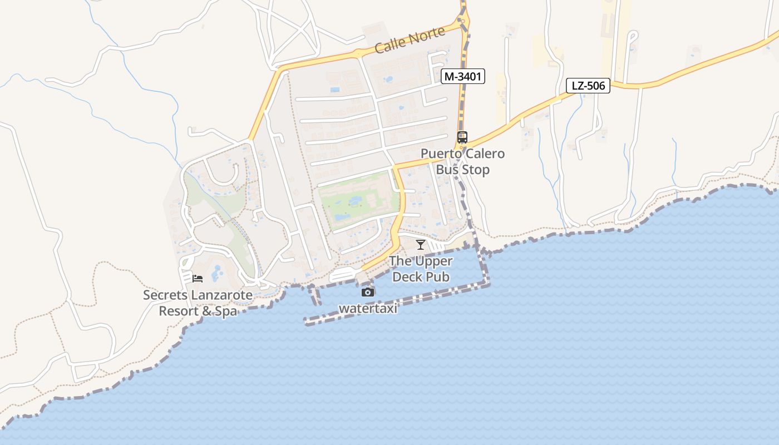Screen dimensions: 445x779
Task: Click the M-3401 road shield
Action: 463,77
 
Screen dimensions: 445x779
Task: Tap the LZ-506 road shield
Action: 588,86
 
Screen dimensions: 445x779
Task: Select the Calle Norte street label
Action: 410,40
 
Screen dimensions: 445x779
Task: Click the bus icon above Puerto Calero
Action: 462,137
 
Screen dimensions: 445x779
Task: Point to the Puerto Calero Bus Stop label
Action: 462,161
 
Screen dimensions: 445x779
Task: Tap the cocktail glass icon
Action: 421,244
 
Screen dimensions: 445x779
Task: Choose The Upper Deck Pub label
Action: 421,269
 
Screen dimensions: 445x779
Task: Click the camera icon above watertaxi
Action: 367,292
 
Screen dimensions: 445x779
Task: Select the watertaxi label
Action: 368,308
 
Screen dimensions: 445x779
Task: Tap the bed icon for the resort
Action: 197,278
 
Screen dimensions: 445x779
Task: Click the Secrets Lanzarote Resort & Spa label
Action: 198,303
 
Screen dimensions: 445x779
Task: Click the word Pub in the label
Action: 438,276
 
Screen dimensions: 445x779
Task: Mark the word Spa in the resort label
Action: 226,311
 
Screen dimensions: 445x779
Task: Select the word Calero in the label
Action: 485,154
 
